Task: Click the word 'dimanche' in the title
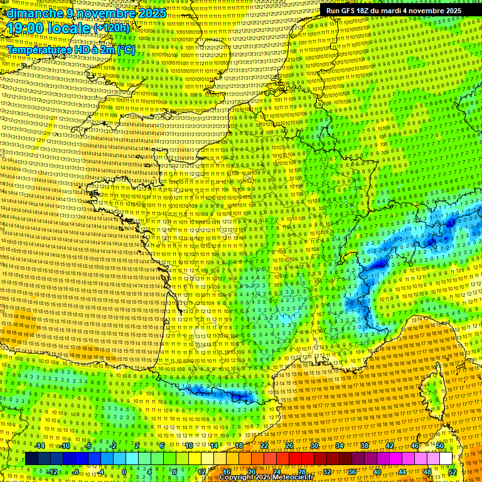(31, 13)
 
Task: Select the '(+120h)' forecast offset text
(112, 28)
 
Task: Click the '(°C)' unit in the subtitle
(124, 49)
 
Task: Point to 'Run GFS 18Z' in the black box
(347, 11)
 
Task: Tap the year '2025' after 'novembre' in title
(152, 13)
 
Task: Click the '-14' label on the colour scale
(40, 446)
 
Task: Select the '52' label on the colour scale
(453, 471)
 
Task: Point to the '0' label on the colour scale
(124, 471)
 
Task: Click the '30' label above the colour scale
(314, 446)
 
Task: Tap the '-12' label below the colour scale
(52, 471)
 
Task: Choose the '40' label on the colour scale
(377, 471)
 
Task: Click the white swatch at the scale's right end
(446, 459)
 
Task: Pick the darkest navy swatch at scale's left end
(31, 459)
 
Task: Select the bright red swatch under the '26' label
(289, 459)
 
